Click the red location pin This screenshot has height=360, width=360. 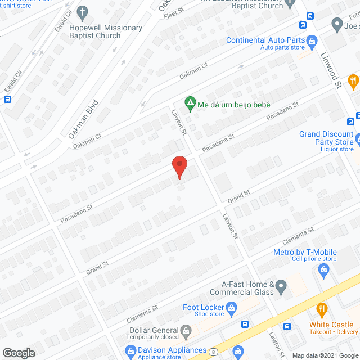[179, 167]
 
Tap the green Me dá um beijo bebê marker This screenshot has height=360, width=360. [190, 104]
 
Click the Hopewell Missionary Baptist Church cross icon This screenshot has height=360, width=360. [83, 12]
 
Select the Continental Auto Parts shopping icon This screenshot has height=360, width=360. [313, 40]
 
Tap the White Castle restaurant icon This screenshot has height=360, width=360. [322, 309]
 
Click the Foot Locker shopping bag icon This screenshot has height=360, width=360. [230, 308]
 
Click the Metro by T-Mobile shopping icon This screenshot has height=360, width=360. [323, 271]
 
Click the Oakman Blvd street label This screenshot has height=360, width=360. [83, 119]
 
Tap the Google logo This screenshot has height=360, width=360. [18, 353]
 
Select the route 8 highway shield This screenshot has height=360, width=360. [214, 352]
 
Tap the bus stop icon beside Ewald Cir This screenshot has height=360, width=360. [8, 100]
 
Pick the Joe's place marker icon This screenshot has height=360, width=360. [337, 24]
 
